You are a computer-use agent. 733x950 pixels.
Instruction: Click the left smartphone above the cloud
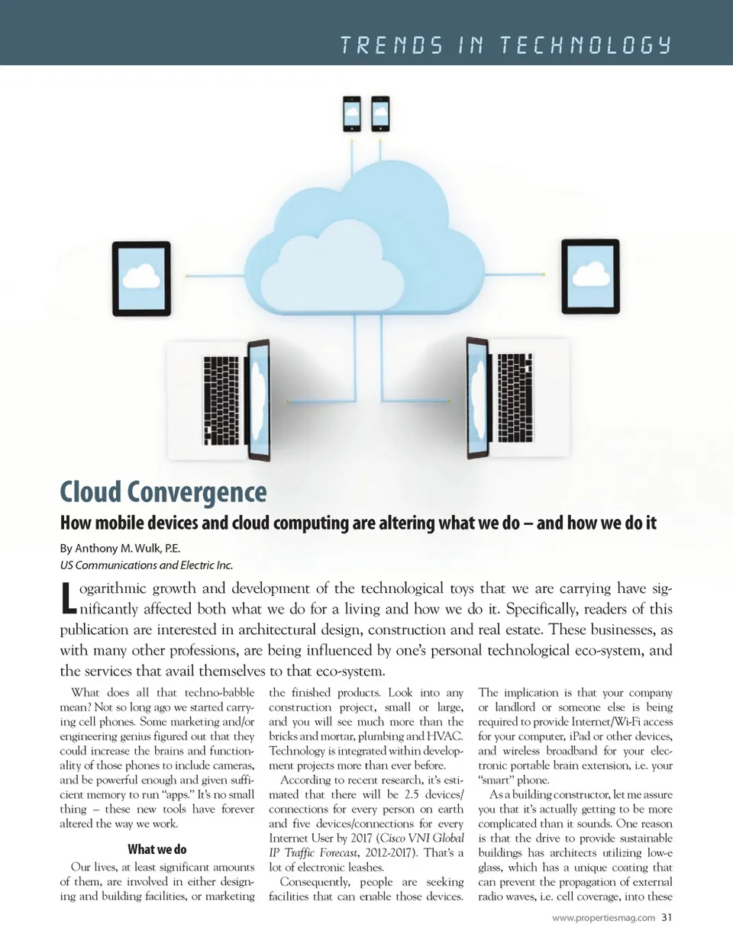pos(352,114)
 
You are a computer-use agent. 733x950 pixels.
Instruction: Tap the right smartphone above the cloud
pos(380,114)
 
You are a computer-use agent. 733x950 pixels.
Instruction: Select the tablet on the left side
pos(141,279)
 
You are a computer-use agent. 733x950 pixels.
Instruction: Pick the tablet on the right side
pos(590,276)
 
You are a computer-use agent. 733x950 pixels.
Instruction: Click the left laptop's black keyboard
pos(221,401)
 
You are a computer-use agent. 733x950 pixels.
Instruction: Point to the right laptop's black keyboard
pos(515,398)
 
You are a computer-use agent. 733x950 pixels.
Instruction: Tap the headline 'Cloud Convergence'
pos(163,492)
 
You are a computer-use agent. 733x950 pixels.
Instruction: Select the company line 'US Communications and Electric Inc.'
pos(147,565)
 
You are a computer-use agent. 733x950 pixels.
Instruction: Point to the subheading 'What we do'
pos(157,849)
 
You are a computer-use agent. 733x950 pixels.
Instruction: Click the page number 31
pos(667,917)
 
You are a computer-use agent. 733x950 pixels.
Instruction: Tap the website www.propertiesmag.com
pos(603,918)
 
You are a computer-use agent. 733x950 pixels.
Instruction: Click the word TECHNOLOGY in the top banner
pos(586,45)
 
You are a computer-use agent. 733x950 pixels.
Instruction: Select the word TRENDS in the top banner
pos(391,45)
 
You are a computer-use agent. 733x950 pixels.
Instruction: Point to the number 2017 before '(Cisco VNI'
pos(361,838)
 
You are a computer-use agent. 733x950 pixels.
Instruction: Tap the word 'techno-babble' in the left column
pos(219,693)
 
